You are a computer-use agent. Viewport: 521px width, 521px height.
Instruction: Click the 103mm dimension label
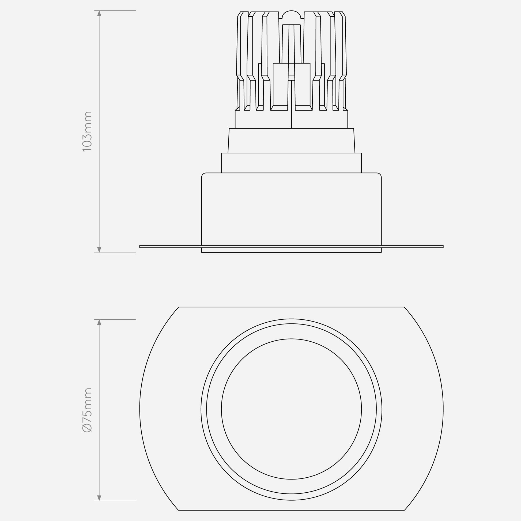tap(87, 131)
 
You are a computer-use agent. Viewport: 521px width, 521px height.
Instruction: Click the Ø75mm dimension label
tap(87, 410)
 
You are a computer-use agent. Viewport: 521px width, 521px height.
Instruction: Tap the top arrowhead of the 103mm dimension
tap(99, 13)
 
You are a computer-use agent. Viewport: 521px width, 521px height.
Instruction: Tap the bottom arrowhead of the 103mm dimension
tap(99, 250)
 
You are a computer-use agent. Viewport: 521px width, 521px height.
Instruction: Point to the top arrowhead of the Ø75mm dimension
tap(99, 323)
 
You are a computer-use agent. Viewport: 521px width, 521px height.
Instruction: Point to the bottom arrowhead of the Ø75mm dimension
tap(99, 498)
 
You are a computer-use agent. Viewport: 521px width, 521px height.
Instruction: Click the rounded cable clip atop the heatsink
tap(292, 14)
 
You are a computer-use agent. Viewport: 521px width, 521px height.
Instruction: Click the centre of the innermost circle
tap(292, 409)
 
